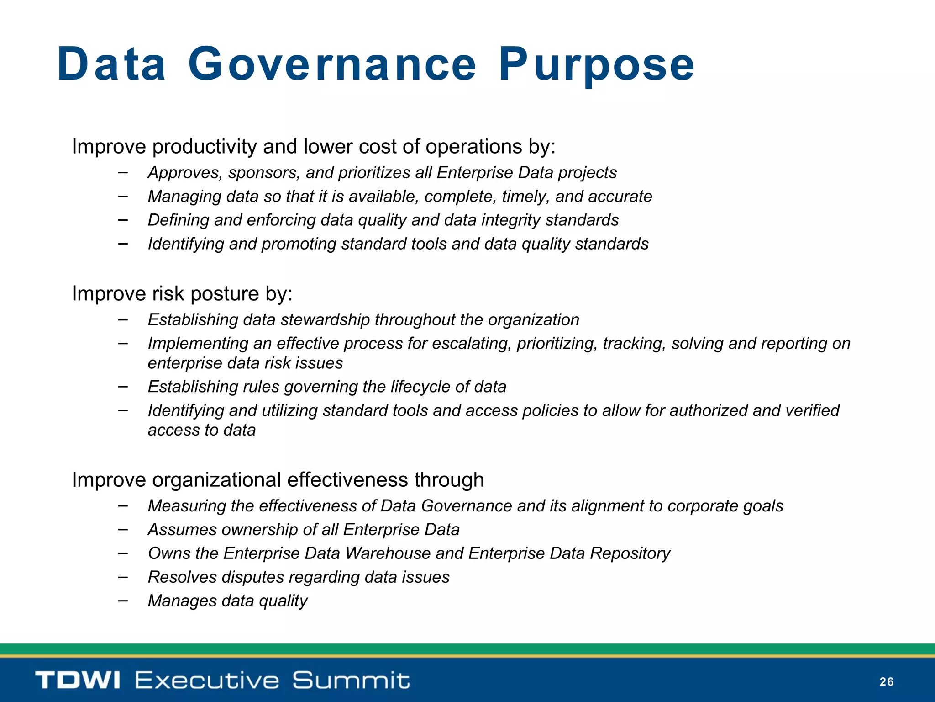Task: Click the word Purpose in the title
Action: pos(597,65)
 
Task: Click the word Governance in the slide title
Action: pos(332,65)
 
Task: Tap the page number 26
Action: pos(886,682)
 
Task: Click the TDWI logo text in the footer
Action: pos(78,680)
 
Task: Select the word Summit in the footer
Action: pos(351,680)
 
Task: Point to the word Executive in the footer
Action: pos(207,680)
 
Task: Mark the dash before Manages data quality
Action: pos(122,600)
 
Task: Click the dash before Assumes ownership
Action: pos(122,529)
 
